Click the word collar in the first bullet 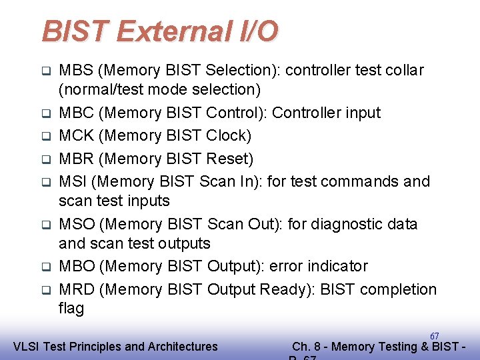tap(402, 70)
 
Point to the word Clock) tap(228, 136)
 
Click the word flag tap(71, 308)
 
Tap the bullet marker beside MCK tap(45, 137)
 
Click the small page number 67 tap(434, 336)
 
